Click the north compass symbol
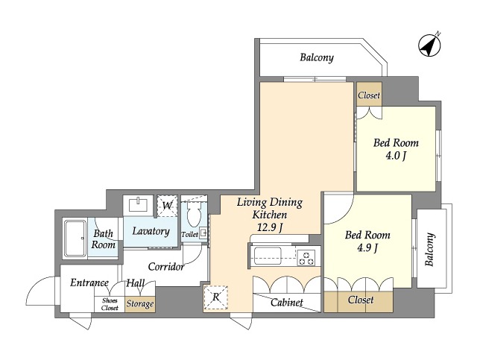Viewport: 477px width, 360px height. tap(429, 45)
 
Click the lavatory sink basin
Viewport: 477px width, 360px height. tap(139, 204)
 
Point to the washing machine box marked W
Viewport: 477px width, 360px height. tap(167, 206)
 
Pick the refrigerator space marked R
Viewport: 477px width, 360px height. tap(215, 297)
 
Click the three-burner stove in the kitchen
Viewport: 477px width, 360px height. tap(306, 257)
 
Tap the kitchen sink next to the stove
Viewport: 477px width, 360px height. tap(268, 256)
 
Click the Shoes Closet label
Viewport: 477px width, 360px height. tap(110, 304)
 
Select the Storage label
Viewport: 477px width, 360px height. tap(140, 303)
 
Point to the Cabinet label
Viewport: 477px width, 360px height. tap(286, 302)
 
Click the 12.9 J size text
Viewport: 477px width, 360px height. tap(270, 227)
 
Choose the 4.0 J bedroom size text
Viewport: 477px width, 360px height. tap(396, 156)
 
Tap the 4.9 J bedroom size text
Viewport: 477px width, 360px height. tap(367, 248)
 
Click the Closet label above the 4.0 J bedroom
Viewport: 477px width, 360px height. tap(369, 95)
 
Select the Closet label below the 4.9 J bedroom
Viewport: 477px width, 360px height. tap(361, 300)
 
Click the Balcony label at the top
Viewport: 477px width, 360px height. tap(317, 57)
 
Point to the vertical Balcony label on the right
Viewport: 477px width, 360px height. tap(429, 250)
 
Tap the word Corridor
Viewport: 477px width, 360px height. tap(166, 267)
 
